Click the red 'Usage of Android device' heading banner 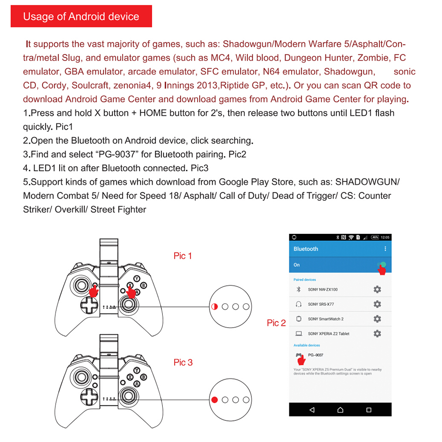tap(81, 17)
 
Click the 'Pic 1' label tap(183, 256)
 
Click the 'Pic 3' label tap(183, 362)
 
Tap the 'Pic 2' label tap(276, 323)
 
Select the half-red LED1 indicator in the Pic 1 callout tap(215, 307)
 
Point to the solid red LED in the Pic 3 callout tap(215, 400)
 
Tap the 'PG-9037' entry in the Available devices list tap(315, 355)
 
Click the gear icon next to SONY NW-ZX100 tap(377, 289)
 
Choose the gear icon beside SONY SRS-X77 tap(377, 304)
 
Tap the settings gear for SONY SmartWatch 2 tap(377, 319)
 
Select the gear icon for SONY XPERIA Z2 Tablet tap(377, 333)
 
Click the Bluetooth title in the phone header tap(306, 249)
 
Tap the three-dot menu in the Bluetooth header tap(385, 249)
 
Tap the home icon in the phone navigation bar tap(340, 410)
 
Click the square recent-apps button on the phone tap(369, 410)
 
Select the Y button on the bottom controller tap(137, 370)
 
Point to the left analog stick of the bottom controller tap(82, 376)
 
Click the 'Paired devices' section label tap(305, 280)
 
